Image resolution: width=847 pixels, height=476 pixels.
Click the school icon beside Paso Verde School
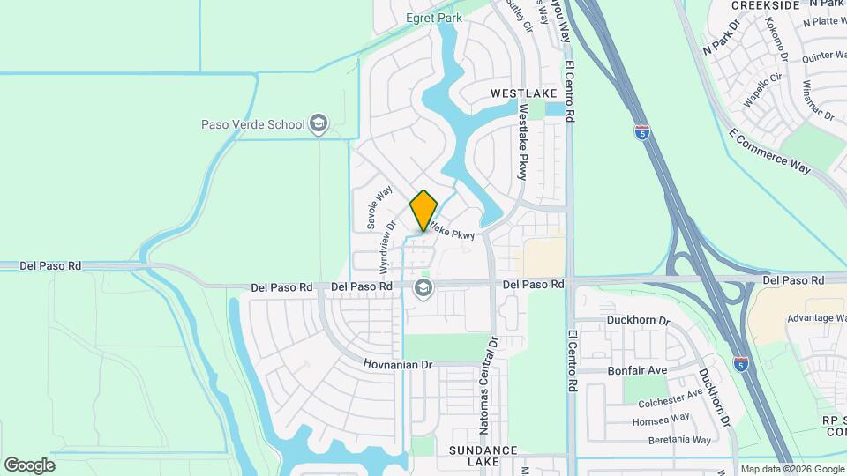pos(318,125)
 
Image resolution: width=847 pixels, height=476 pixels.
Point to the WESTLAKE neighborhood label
pos(524,93)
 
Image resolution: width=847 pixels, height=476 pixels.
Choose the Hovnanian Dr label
pos(400,363)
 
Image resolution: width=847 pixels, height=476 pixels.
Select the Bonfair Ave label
pos(637,370)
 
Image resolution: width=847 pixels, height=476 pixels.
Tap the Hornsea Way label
pos(662,419)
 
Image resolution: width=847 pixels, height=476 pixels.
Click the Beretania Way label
pos(675,439)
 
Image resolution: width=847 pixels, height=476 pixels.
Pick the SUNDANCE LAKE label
pos(482,456)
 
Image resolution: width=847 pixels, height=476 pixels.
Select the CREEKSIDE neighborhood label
pos(766,5)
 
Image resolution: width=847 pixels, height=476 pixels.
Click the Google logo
pos(29,465)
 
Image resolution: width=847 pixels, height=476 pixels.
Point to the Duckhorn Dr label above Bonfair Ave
pos(639,321)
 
